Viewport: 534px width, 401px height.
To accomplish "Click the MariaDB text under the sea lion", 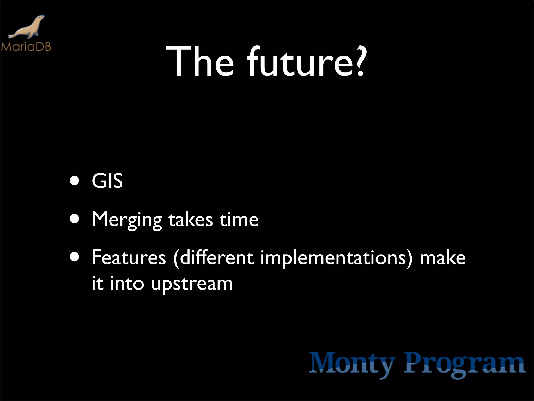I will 26,47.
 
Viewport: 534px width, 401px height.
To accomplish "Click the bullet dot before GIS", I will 75,181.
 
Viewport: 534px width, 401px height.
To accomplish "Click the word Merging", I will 127,220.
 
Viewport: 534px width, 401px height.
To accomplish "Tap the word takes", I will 190,220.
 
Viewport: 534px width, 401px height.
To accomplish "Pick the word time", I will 239,220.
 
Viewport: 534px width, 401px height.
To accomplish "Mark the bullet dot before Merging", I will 75,220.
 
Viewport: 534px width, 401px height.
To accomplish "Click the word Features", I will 129,258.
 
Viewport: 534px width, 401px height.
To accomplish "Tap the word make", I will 442,258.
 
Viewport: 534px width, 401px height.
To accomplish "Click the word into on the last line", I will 127,284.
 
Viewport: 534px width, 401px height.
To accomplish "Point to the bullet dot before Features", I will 75,257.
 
